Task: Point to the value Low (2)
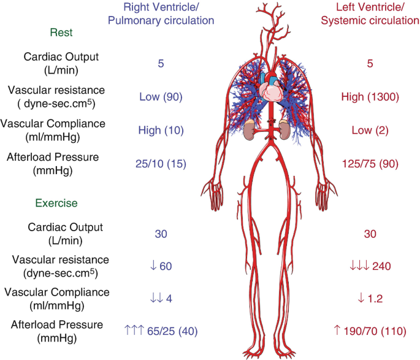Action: point(368,130)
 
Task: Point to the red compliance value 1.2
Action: point(375,299)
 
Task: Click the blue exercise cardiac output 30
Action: point(161,234)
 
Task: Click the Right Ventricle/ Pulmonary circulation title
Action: point(161,13)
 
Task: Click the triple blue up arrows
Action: point(134,331)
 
